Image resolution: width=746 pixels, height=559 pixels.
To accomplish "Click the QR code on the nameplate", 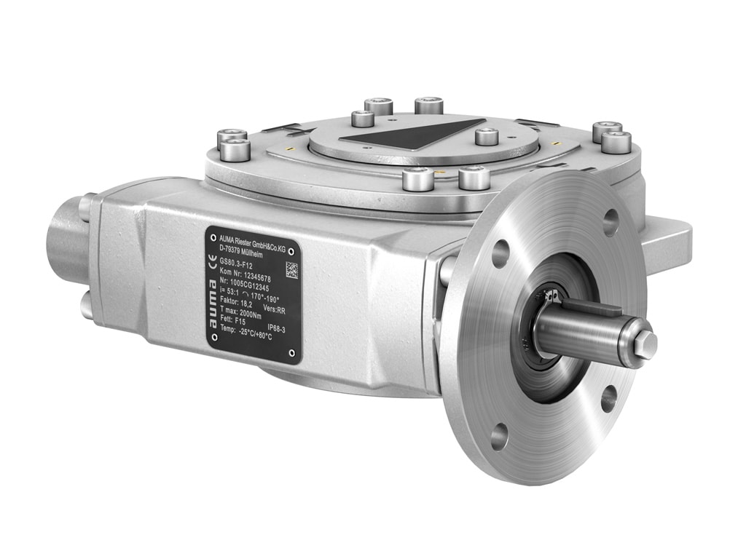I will point(291,269).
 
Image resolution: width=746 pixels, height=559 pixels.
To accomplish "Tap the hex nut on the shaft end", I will point(645,344).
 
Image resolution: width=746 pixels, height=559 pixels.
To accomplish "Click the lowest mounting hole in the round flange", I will point(499,437).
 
